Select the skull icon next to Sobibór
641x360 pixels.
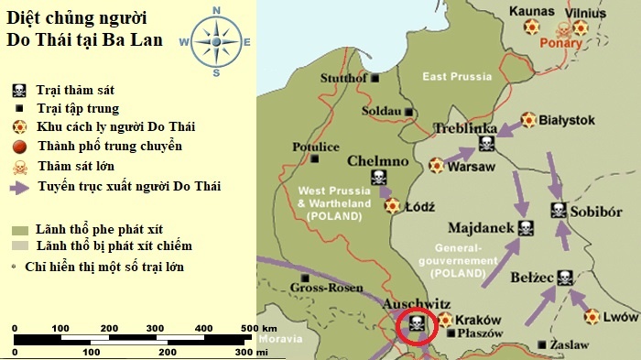(559, 211)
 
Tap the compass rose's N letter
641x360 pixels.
(217, 11)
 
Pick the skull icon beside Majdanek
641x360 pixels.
(526, 228)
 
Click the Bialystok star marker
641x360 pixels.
(528, 120)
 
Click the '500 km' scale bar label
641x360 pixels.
(259, 328)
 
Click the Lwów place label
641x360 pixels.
(622, 316)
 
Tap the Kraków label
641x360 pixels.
(479, 320)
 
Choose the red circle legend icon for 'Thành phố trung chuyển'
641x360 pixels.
(18, 147)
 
